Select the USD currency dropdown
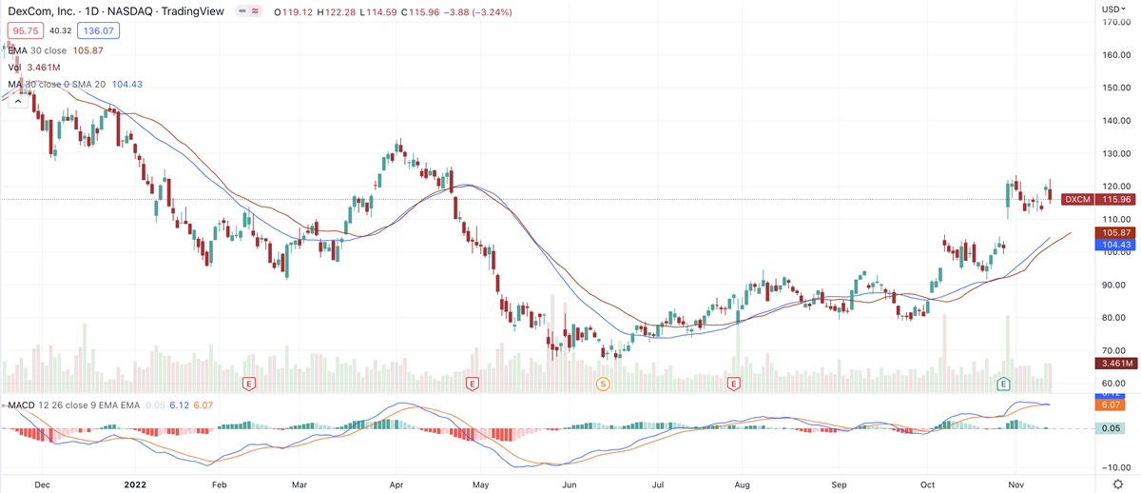point(1112,9)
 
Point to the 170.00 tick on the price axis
point(1115,22)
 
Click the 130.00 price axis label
point(1115,153)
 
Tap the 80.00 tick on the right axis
point(1115,318)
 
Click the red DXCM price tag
point(1077,200)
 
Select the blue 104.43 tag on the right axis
point(1114,245)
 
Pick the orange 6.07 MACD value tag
point(1112,404)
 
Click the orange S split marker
point(602,384)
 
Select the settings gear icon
point(1118,484)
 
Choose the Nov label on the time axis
point(1016,483)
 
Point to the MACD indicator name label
point(21,404)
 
